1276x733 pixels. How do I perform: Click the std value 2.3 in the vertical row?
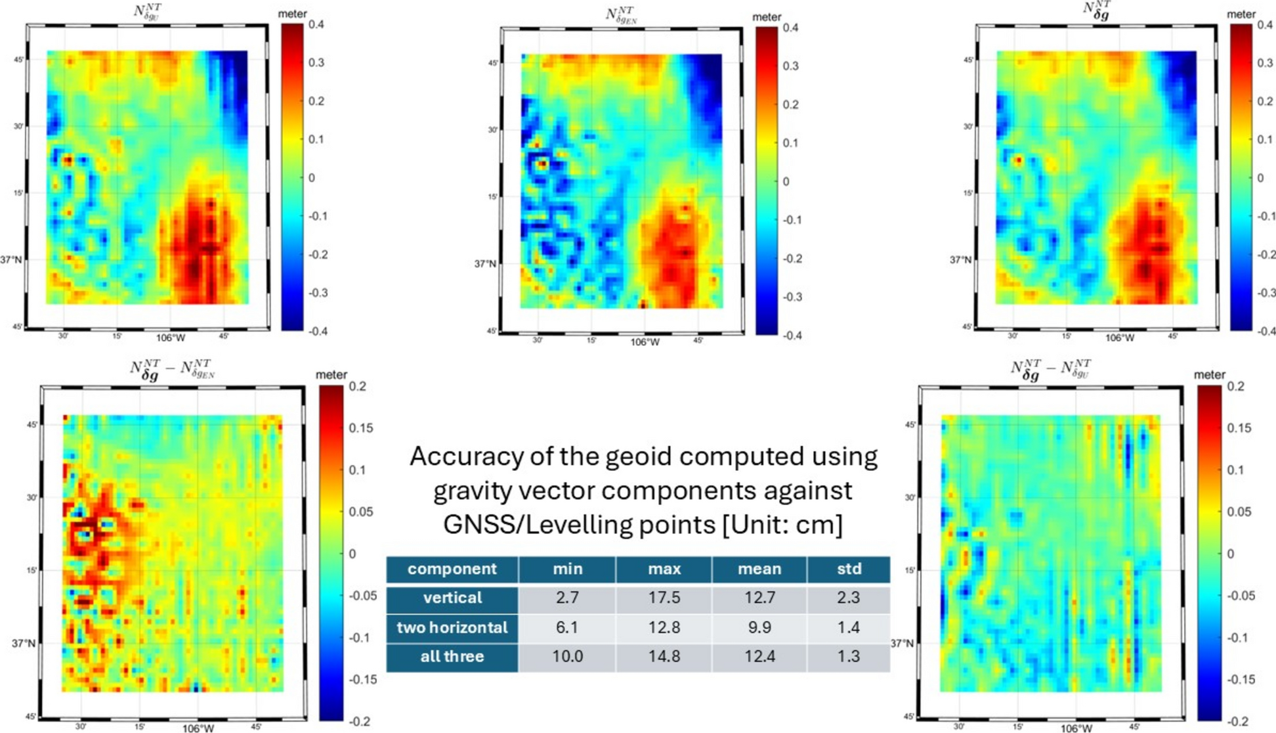tap(848, 598)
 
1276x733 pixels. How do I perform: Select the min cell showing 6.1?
tap(567, 627)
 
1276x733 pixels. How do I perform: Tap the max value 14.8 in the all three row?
tap(664, 656)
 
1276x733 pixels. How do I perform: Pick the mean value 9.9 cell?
tap(759, 627)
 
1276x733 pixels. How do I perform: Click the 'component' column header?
tap(452, 569)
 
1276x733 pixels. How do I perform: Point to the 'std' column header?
tap(849, 569)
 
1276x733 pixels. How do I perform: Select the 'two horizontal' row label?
tap(452, 627)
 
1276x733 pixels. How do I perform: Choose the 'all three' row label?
tap(452, 656)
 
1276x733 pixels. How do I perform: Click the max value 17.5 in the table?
tap(664, 598)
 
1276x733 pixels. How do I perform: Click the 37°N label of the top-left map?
tap(11, 259)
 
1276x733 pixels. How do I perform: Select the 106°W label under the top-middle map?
tap(645, 342)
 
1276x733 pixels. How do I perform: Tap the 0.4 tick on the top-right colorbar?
tap(1264, 25)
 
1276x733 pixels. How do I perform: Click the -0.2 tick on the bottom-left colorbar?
tap(360, 721)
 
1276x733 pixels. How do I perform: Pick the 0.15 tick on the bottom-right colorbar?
tap(1240, 428)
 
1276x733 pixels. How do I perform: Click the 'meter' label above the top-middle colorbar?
tap(767, 17)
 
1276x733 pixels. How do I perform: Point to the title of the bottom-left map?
tap(172, 369)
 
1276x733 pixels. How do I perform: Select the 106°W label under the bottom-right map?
tap(1076, 728)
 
